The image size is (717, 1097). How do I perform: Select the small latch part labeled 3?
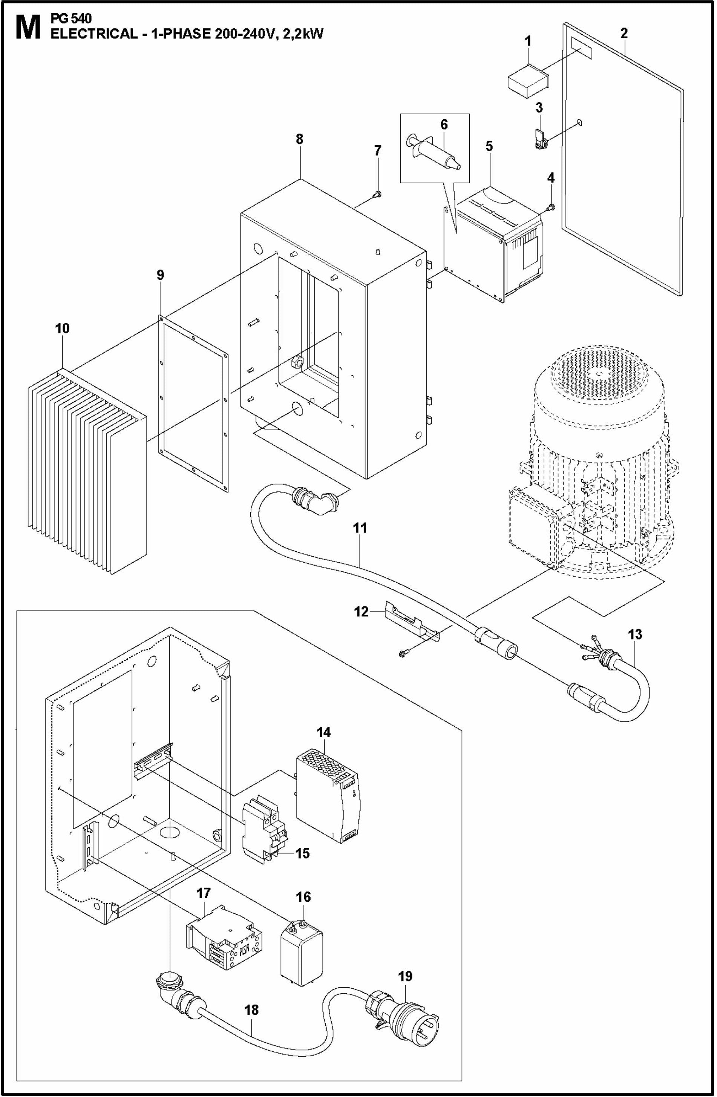(x=539, y=140)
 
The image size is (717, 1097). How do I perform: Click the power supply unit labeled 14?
(x=328, y=793)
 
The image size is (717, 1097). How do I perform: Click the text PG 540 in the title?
(x=71, y=19)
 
